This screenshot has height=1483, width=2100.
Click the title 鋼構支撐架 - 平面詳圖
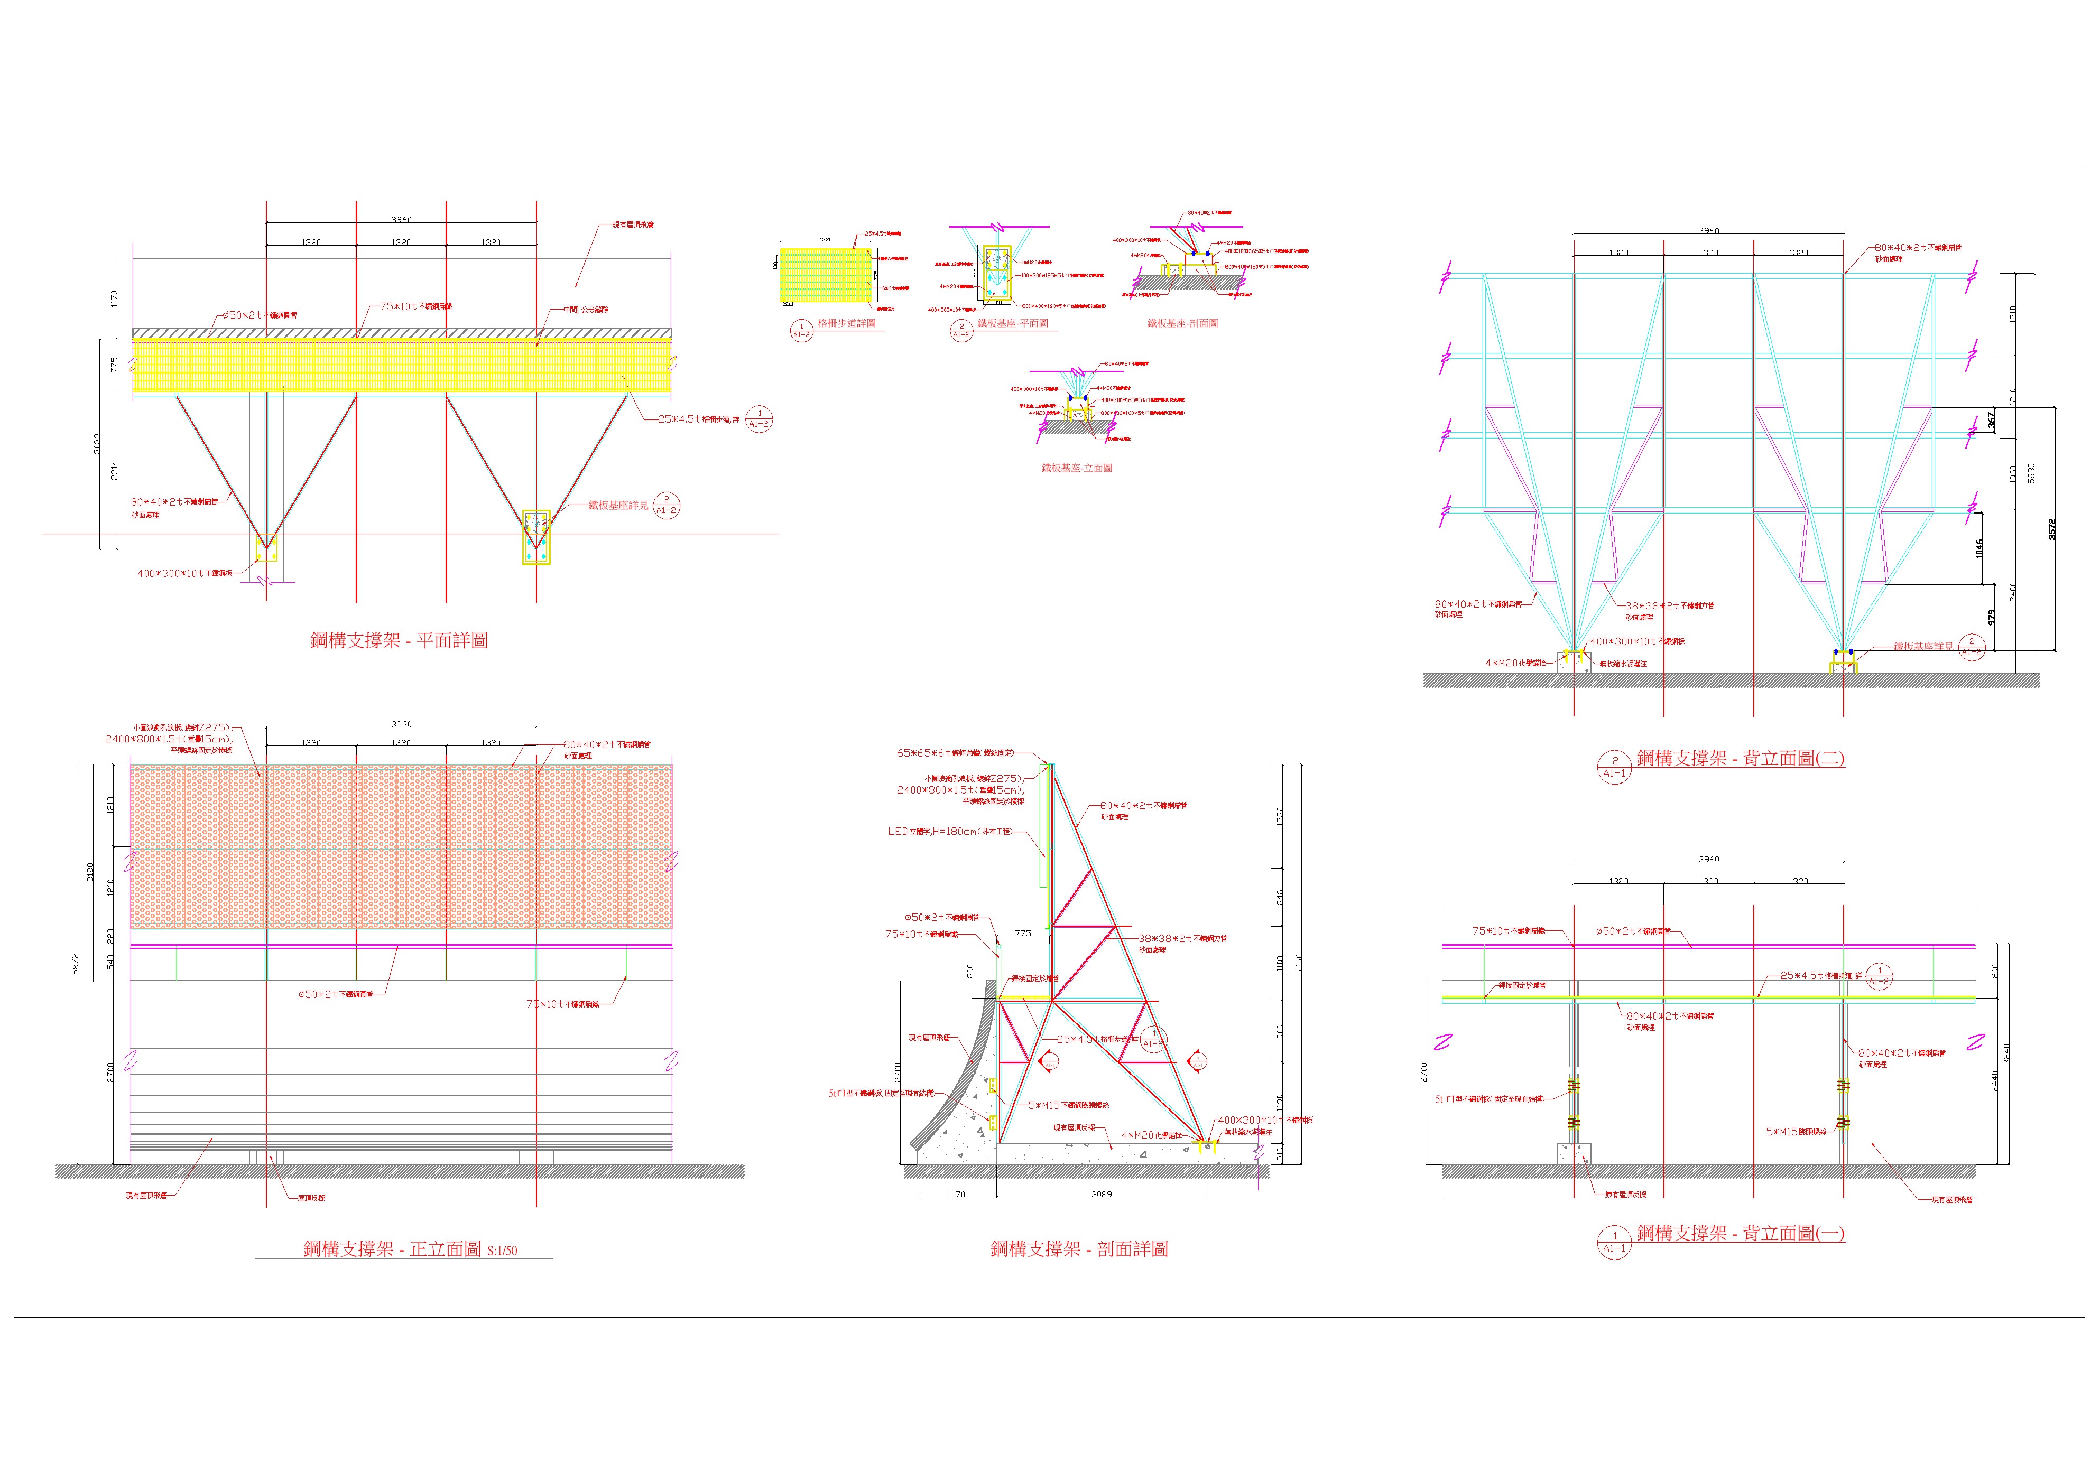(399, 640)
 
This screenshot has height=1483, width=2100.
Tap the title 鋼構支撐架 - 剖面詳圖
(1079, 1249)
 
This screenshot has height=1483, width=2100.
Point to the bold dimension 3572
(2051, 529)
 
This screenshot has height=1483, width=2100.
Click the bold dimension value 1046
(1978, 548)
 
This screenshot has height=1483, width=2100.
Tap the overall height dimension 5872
(75, 964)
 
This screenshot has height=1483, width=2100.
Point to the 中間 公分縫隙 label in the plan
(585, 310)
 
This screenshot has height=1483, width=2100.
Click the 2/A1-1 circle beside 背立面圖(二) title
(1614, 766)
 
